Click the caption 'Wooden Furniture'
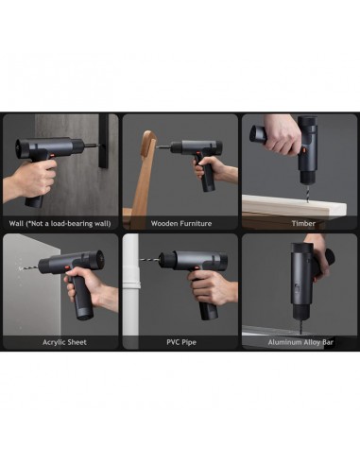tap(180, 224)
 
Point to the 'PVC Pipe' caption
tap(180, 341)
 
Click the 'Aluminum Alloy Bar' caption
tap(300, 341)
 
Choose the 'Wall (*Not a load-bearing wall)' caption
tap(60, 224)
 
